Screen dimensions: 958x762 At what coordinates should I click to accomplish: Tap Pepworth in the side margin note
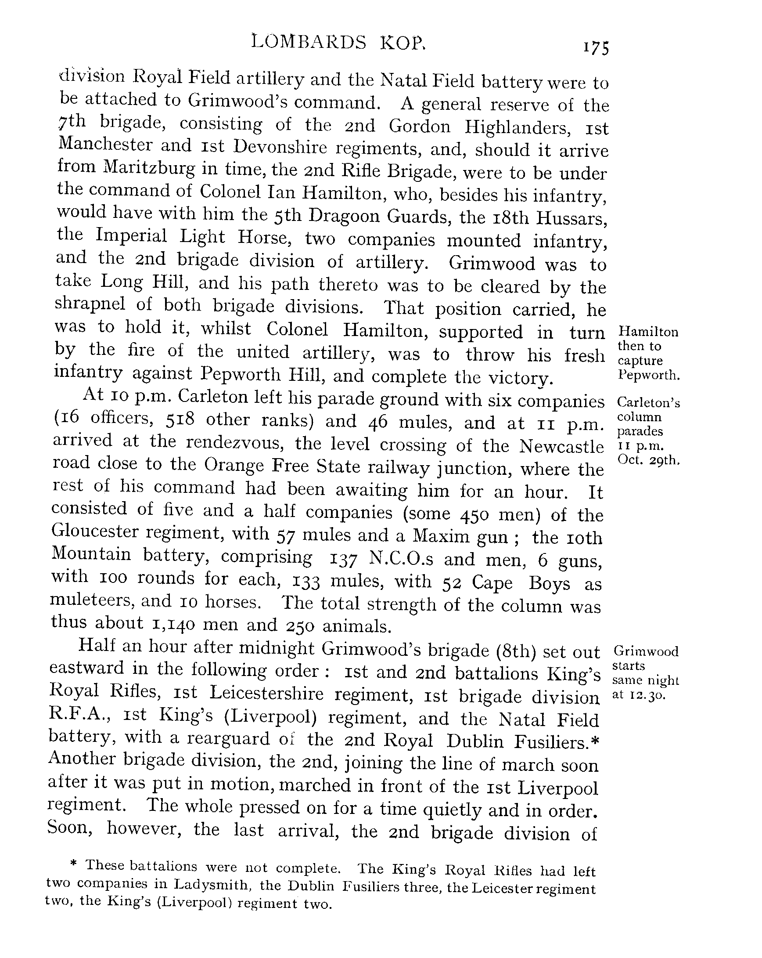tap(649, 375)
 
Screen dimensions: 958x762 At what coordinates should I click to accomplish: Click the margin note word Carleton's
tap(648, 403)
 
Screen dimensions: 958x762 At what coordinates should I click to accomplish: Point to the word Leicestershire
tap(266, 693)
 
